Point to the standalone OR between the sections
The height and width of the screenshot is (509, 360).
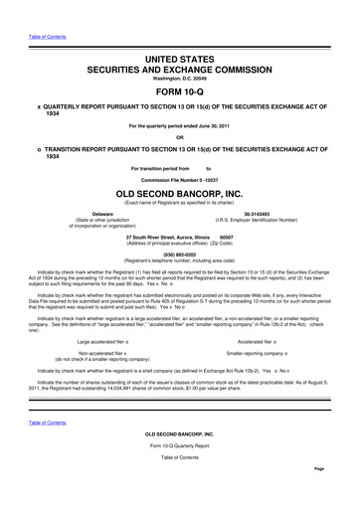tap(180, 137)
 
